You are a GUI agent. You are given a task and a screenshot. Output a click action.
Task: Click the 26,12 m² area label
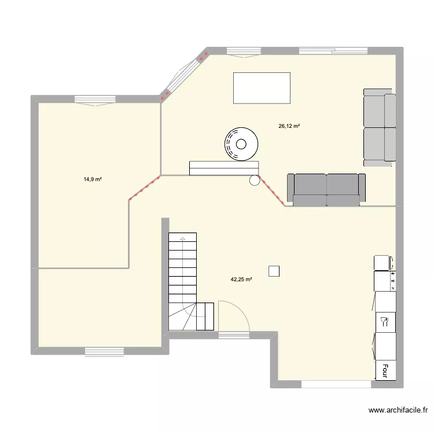click(289, 126)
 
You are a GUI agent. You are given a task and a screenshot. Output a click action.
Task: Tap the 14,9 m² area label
click(93, 179)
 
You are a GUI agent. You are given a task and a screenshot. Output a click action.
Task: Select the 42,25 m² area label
click(241, 279)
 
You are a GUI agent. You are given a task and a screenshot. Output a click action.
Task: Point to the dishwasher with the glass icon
click(384, 321)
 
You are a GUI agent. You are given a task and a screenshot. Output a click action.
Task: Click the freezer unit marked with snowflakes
click(384, 281)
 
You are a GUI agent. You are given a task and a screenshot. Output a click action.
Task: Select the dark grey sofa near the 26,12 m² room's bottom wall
click(327, 189)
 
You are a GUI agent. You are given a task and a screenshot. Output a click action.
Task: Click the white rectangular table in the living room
click(261, 88)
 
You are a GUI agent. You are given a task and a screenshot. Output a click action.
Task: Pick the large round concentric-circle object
click(241, 144)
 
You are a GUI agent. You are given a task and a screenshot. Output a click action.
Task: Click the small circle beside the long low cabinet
click(255, 181)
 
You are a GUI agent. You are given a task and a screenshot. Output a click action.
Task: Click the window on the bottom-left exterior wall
click(104, 351)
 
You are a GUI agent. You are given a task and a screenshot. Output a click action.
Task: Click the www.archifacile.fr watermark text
click(398, 410)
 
